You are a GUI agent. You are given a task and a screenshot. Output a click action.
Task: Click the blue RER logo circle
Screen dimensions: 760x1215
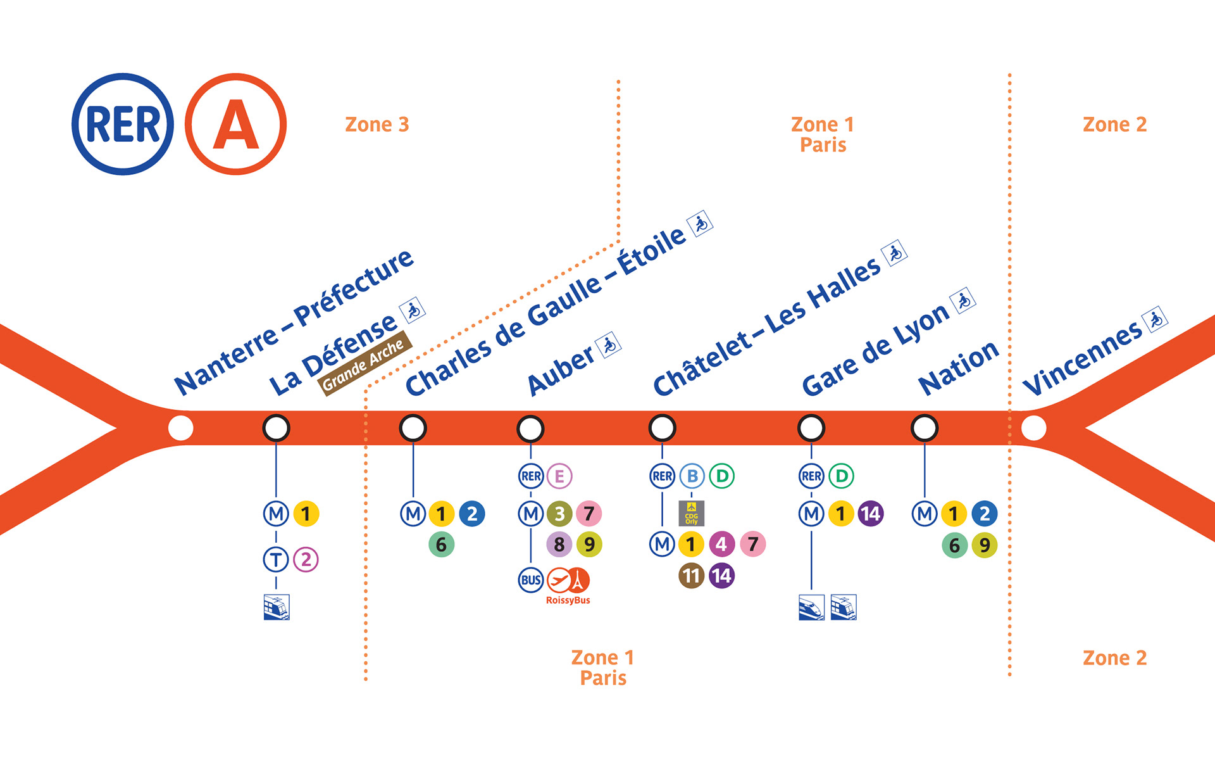coord(123,124)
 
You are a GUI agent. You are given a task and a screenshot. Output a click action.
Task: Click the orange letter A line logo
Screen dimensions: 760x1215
coord(235,124)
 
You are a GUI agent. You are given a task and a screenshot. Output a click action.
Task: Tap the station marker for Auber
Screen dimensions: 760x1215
coord(530,429)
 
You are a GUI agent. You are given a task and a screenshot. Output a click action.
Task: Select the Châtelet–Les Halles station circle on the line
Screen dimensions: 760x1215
coord(662,428)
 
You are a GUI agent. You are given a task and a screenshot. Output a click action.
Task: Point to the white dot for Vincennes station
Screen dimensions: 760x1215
coord(1033,428)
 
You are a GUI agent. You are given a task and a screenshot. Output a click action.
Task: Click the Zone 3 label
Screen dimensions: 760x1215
coord(377,124)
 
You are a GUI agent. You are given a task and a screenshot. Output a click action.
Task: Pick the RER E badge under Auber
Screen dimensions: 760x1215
coord(559,476)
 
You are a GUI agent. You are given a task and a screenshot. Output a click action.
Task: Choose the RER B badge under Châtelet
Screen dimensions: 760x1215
coord(692,476)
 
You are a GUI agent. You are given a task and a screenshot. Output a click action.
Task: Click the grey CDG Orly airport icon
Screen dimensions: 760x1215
coord(691,514)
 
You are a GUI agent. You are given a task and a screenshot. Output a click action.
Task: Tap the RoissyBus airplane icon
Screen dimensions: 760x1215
coord(559,579)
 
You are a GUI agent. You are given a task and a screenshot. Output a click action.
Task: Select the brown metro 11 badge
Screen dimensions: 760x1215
coord(691,576)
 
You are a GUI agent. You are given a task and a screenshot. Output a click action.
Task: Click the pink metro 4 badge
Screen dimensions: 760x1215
coord(721,544)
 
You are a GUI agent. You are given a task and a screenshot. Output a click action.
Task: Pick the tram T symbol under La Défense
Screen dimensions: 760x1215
coord(276,559)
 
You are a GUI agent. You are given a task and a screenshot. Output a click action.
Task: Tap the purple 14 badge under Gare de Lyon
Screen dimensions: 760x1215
coord(871,514)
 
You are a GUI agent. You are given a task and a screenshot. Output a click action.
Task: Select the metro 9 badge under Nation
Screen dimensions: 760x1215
coord(985,545)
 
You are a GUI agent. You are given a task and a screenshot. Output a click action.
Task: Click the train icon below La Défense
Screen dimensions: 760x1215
coord(277,607)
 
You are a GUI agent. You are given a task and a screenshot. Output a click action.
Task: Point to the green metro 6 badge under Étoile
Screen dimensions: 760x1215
coord(442,545)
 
